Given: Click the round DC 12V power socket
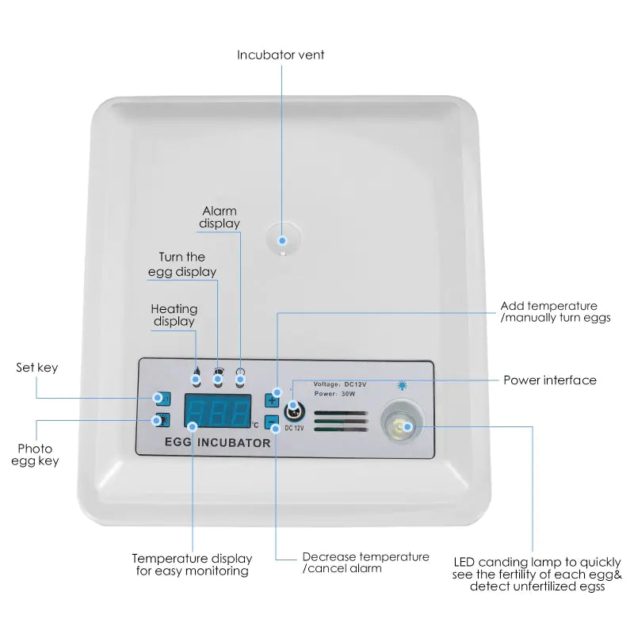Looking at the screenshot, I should (x=292, y=411).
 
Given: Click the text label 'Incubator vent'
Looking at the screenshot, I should (x=281, y=55).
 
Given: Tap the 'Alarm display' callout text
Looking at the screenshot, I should (x=220, y=217).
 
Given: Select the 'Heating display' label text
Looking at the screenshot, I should (x=174, y=315).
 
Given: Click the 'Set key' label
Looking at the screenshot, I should (x=37, y=368).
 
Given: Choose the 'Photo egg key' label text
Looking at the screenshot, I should (x=35, y=455).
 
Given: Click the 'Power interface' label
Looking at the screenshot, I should (x=550, y=380).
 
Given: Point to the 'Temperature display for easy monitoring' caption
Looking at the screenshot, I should (x=192, y=564).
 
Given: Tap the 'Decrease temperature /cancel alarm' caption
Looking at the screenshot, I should (x=365, y=563).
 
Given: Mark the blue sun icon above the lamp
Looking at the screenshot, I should (x=402, y=386).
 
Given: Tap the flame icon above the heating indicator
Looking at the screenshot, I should (x=196, y=369).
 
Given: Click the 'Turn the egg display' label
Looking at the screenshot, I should (x=182, y=264).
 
